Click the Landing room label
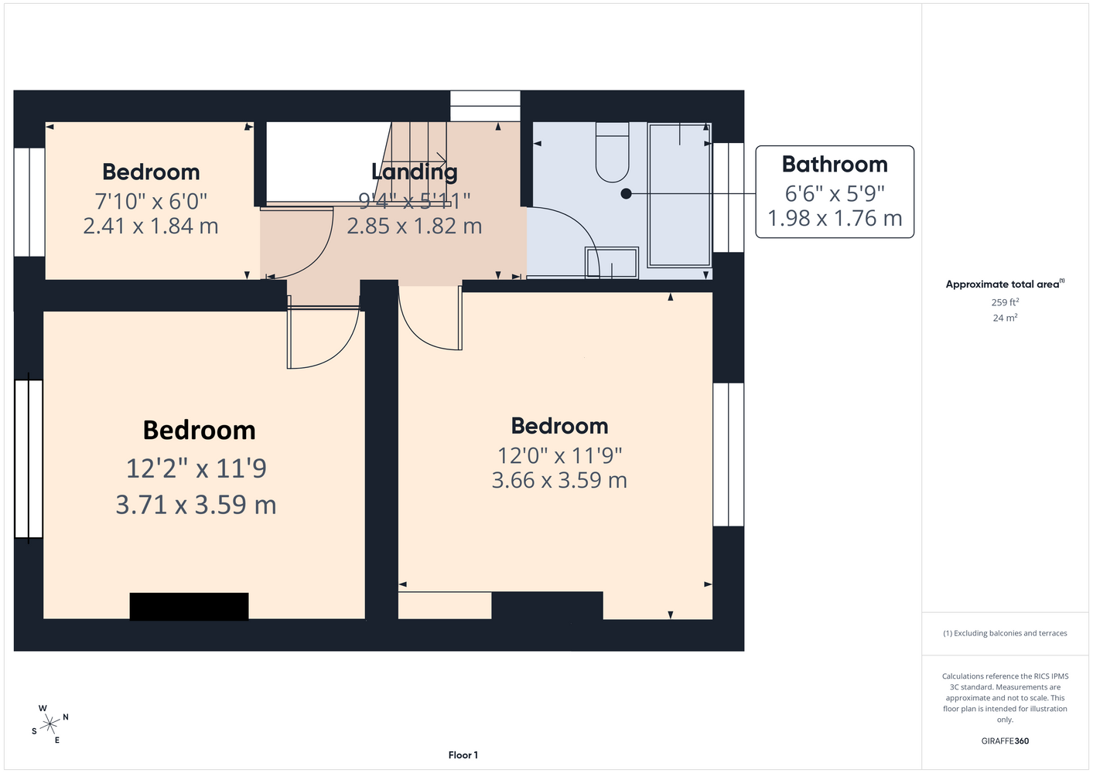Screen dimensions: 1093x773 tap(415, 172)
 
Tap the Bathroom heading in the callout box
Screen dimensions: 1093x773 tap(835, 165)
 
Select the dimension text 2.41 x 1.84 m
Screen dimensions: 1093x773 tap(150, 226)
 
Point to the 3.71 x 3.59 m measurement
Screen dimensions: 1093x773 tap(196, 504)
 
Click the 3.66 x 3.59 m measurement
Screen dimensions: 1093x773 tap(559, 480)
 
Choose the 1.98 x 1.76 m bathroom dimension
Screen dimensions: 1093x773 tap(835, 218)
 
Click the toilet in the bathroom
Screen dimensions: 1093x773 tap(612, 152)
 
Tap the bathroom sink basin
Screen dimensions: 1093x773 tap(612, 263)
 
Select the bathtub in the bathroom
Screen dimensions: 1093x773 tap(678, 195)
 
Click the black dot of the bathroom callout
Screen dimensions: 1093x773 tap(626, 193)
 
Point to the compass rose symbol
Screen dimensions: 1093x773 tap(50, 724)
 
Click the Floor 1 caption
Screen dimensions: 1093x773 tap(463, 755)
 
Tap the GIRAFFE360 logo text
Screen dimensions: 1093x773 tap(1005, 741)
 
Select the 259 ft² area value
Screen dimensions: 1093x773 tap(1005, 302)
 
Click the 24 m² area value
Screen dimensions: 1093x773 tap(1005, 318)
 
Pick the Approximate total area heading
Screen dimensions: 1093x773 tap(1005, 284)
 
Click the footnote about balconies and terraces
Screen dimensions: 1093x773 tap(1005, 633)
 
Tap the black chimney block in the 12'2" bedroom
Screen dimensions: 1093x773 tap(189, 606)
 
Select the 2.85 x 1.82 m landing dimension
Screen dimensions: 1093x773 tap(415, 226)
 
